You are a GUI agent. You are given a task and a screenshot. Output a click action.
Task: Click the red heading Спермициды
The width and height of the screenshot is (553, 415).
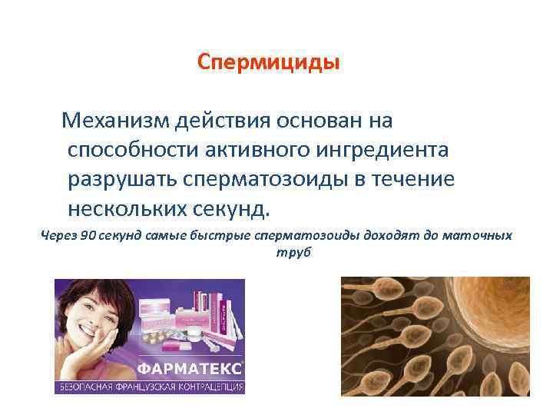[268, 61]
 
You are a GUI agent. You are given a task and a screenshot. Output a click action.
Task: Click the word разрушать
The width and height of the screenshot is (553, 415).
[121, 178]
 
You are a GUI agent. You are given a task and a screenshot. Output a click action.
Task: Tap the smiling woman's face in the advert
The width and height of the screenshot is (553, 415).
[88, 315]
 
